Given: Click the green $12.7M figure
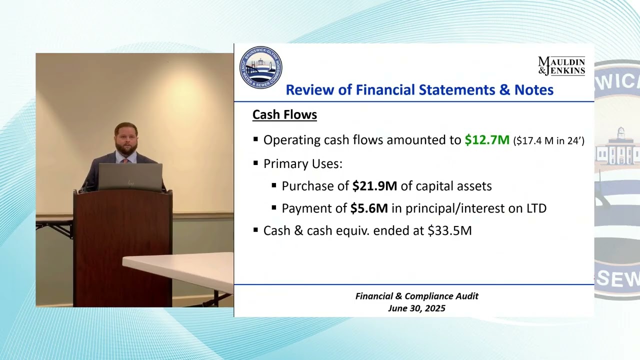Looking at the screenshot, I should point(486,140).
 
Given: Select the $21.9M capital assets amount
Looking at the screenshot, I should point(374,186).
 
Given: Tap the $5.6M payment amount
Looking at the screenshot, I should point(369,208).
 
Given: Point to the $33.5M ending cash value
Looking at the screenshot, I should point(449,230).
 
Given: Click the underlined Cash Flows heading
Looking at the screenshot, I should point(284,114).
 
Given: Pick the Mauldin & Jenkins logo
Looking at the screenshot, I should point(561,65).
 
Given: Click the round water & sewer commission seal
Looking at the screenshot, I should point(260,68).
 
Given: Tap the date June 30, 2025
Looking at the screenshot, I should point(416,308).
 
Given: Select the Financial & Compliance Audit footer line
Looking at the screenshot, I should point(416,296).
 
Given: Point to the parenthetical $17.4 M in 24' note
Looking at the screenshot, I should point(548,141).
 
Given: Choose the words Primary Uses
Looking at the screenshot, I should point(302,163).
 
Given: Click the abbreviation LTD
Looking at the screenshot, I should point(536,208).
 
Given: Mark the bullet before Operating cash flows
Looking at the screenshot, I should point(256,140).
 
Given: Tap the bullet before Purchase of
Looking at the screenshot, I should point(274,185).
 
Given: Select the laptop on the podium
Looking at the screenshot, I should point(130,177).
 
